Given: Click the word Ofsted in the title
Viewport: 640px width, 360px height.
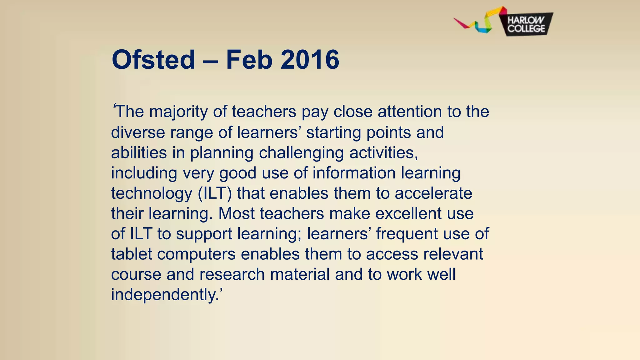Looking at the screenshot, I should point(153,60).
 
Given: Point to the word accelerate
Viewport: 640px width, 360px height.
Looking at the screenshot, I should point(433,193).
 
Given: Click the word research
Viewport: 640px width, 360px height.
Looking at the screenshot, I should point(232,274).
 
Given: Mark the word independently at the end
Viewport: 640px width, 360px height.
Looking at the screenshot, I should point(163,295).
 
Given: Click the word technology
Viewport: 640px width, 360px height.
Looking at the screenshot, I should point(152,193).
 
